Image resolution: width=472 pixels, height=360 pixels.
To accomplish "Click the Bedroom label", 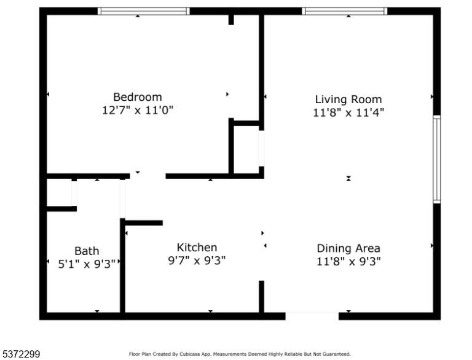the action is pos(138,97).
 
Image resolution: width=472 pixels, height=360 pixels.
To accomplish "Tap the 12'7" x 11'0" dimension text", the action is pos(138,110).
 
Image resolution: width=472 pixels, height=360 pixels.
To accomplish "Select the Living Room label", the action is pos(348,100).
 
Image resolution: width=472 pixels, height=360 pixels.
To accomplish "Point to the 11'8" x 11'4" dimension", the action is pos(348,112).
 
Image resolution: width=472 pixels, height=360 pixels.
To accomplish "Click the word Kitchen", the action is pos(197,248).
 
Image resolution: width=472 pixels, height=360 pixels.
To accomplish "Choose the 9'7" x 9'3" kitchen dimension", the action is pos(197,260).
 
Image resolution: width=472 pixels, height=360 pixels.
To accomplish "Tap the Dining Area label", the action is pos(348,248).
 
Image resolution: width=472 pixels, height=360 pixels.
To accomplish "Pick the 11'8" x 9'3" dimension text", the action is pos(348,261).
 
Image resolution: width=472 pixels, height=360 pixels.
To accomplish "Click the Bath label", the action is pos(87,251).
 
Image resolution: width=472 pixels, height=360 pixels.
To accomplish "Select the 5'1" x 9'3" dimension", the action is pos(87,264).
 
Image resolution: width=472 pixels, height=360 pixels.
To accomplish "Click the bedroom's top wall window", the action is pos(144,11).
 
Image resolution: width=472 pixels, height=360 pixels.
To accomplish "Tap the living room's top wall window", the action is pos(345,11).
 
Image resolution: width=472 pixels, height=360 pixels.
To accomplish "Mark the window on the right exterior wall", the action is pos(437,159).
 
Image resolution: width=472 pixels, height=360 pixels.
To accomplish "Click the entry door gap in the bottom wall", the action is pos(312,316).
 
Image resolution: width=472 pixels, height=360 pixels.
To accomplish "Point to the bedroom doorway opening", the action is pos(147,176).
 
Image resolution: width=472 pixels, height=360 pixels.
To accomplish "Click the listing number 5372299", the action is pos(21,354).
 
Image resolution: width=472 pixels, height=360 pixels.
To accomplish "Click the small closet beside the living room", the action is pos(246,149).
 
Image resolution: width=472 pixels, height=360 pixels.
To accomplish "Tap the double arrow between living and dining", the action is pos(348,179).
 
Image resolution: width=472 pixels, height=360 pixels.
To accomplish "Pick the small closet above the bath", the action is pos(59,192).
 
